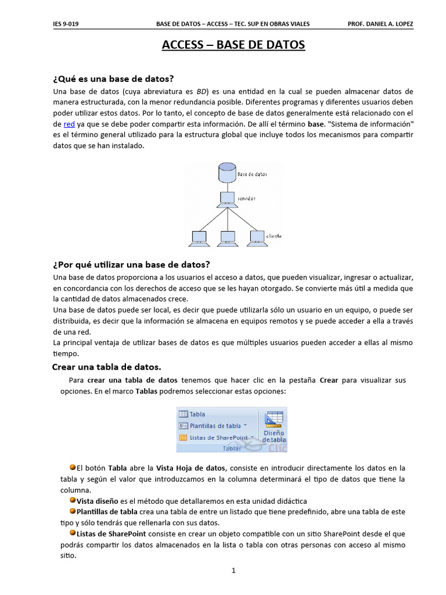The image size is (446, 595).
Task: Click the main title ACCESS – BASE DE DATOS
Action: pyautogui.click(x=233, y=45)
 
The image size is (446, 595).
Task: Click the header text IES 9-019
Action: pyautogui.click(x=64, y=24)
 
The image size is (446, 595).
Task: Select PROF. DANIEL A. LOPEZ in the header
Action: pyautogui.click(x=380, y=24)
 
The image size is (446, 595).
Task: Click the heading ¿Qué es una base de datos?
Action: pyautogui.click(x=113, y=78)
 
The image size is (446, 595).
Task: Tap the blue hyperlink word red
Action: pyautogui.click(x=69, y=124)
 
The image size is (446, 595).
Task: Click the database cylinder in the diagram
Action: pyautogui.click(x=226, y=173)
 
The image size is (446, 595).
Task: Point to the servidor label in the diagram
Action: pyautogui.click(x=246, y=198)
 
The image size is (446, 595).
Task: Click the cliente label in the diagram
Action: pyautogui.click(x=274, y=236)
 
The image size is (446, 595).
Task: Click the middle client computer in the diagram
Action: pyautogui.click(x=226, y=237)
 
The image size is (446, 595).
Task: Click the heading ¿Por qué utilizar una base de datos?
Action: pyautogui.click(x=131, y=264)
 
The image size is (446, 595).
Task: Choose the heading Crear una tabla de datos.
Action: pyautogui.click(x=106, y=367)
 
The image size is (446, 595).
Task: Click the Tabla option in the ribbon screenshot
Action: pyautogui.click(x=197, y=414)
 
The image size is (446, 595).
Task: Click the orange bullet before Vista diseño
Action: pyautogui.click(x=73, y=500)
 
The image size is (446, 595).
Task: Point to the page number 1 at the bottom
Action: pyautogui.click(x=233, y=571)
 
